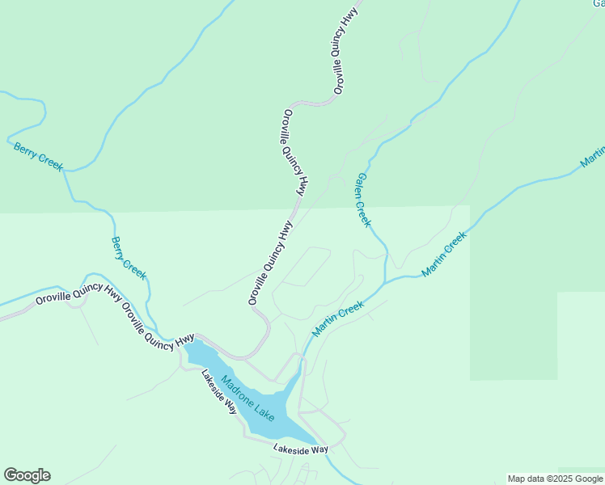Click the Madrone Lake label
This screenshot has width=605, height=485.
[x=247, y=399]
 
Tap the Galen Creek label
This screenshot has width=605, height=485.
[x=363, y=200]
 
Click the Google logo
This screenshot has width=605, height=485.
[x=27, y=475]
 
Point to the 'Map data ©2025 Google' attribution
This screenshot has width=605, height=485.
[x=555, y=479]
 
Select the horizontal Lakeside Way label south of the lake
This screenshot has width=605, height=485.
[x=300, y=449]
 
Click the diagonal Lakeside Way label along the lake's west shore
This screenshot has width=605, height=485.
[x=218, y=392]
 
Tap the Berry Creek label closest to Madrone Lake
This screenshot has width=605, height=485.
[x=129, y=258]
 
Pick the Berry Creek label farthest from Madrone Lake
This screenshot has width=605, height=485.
[x=38, y=156]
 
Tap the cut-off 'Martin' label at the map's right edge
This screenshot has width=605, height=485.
[x=593, y=158]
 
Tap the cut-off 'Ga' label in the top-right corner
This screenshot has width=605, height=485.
[x=597, y=3]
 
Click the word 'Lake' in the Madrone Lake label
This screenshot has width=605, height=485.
[x=262, y=410]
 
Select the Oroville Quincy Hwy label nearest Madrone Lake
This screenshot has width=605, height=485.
[x=159, y=327]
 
